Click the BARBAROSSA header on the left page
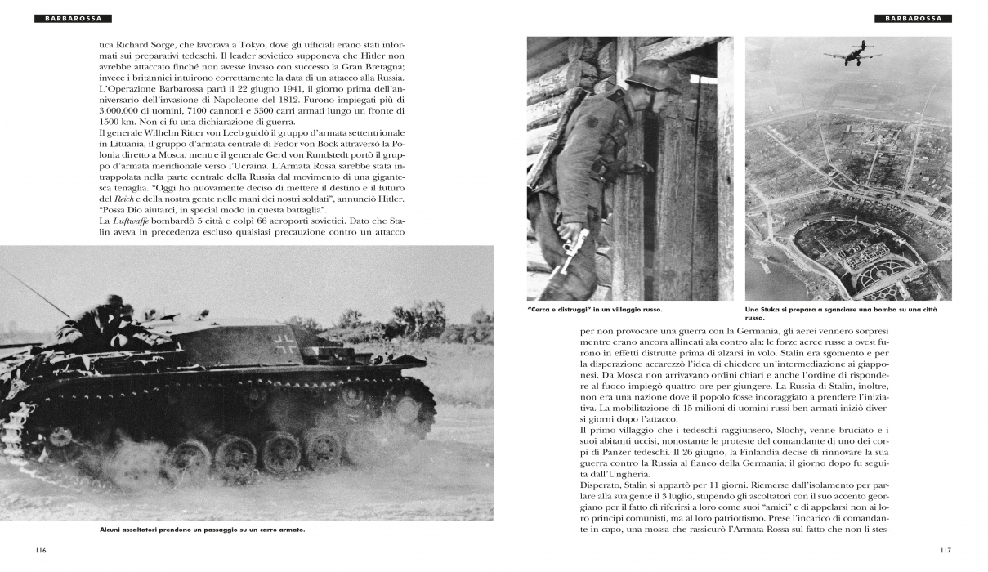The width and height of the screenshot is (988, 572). click(x=73, y=18)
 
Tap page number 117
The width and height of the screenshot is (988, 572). click(x=946, y=550)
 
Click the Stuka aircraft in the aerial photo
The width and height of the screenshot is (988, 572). click(x=852, y=55)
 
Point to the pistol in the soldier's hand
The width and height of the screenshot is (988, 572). click(x=577, y=246)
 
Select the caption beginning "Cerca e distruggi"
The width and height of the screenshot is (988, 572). click(x=594, y=310)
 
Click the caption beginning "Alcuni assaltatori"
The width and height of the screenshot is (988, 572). click(x=202, y=530)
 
